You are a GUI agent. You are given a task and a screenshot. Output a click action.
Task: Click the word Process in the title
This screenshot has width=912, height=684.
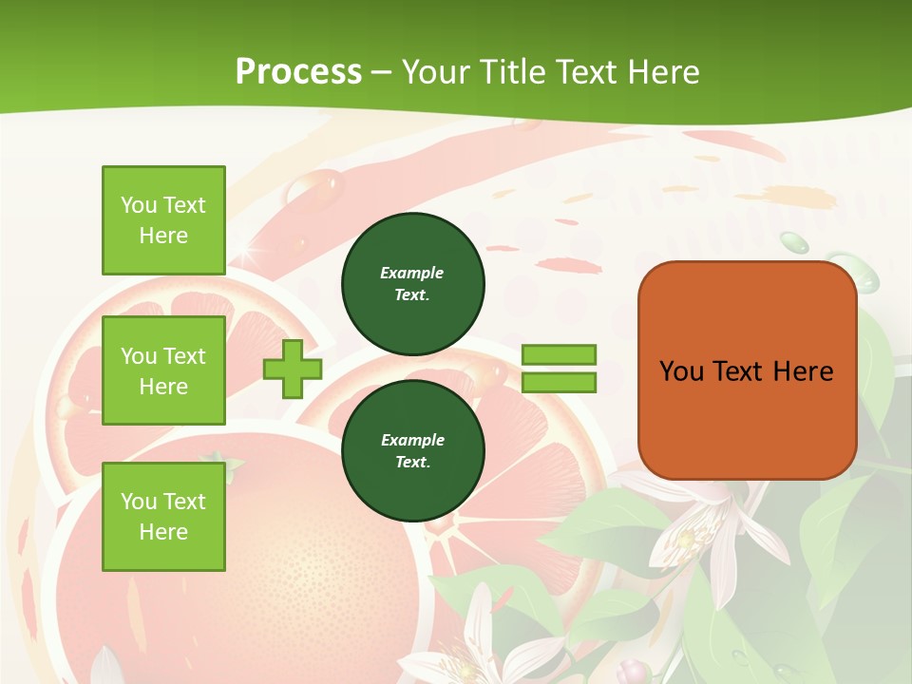(298, 71)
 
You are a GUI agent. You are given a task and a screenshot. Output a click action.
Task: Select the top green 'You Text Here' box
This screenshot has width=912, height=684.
(163, 220)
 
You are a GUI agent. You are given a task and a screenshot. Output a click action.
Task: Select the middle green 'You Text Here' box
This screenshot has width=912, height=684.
(163, 370)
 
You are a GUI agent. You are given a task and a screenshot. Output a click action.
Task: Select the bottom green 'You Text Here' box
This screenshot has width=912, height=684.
(163, 516)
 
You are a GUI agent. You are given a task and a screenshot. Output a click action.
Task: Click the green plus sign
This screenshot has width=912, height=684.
(293, 369)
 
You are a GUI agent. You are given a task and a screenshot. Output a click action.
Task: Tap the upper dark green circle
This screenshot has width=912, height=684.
(412, 283)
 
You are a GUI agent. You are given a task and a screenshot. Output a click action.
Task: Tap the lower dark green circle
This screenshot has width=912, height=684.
(412, 450)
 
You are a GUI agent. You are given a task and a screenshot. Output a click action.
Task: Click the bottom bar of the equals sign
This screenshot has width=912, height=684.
(559, 383)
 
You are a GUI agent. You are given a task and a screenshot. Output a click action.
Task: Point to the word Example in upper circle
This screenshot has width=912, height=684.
(411, 273)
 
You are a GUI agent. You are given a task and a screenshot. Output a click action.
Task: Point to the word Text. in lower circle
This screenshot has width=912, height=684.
(411, 463)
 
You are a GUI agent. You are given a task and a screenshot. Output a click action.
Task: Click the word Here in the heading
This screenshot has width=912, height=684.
(658, 72)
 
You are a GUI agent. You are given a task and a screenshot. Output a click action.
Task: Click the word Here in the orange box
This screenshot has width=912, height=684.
(803, 371)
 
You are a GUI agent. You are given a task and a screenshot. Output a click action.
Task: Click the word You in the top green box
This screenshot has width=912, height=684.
(139, 205)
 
